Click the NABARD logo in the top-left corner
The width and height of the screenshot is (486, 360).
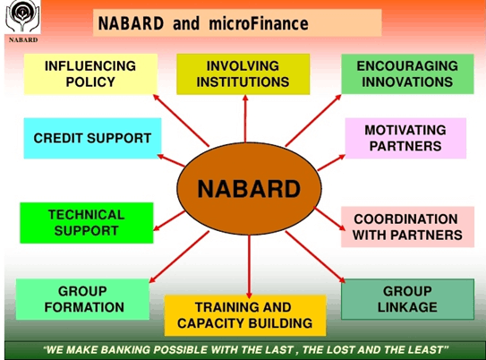[21, 20]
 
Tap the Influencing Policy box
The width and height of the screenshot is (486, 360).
[90, 74]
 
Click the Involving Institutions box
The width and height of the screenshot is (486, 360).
[243, 74]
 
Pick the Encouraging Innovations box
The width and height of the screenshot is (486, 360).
[407, 74]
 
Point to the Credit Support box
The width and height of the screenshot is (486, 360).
[92, 139]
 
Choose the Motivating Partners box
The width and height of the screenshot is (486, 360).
[405, 138]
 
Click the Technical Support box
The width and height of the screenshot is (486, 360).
[86, 222]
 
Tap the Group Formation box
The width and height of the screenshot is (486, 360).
[82, 299]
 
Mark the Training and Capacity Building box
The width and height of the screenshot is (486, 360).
[243, 315]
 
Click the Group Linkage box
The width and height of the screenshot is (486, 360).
[406, 299]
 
